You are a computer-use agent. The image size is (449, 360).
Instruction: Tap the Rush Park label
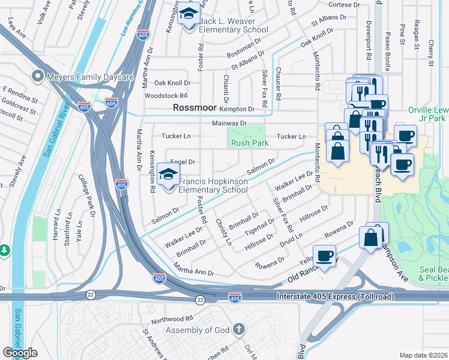pos(250,143)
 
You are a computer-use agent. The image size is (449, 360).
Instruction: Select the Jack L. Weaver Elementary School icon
pos(188,13)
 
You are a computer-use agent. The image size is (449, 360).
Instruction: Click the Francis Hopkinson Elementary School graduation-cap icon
pos(168,175)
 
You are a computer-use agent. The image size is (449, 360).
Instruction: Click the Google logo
pos(20,353)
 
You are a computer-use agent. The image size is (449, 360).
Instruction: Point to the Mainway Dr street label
pos(229,123)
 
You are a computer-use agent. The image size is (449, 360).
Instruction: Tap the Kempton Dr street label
pos(237,109)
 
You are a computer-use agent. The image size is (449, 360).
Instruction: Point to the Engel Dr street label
pos(183,162)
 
